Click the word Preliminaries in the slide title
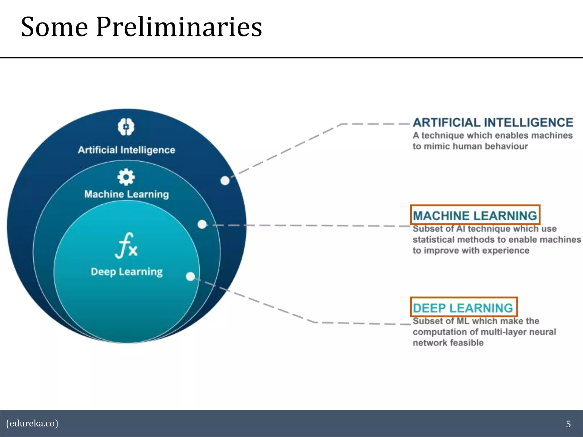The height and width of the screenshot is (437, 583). (x=179, y=27)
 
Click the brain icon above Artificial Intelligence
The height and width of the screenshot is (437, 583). (x=126, y=127)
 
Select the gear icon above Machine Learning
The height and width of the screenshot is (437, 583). (x=126, y=177)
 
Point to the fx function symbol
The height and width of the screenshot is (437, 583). (x=126, y=246)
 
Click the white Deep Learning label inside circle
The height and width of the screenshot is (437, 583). (x=127, y=272)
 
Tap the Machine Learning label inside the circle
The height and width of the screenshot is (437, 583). (x=127, y=194)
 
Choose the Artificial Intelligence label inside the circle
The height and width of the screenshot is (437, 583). (x=127, y=150)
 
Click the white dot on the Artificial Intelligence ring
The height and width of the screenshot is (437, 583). (x=225, y=180)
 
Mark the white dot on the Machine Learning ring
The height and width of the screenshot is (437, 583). (x=202, y=224)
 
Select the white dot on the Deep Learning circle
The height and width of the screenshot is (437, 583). (x=190, y=276)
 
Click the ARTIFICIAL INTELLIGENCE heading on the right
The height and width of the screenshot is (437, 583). (x=493, y=123)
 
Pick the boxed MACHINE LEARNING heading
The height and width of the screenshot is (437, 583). (x=475, y=215)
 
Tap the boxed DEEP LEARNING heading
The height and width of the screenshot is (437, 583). (x=463, y=308)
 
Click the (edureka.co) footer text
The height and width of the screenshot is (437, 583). (x=32, y=423)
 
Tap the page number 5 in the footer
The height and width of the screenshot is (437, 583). (x=568, y=424)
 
